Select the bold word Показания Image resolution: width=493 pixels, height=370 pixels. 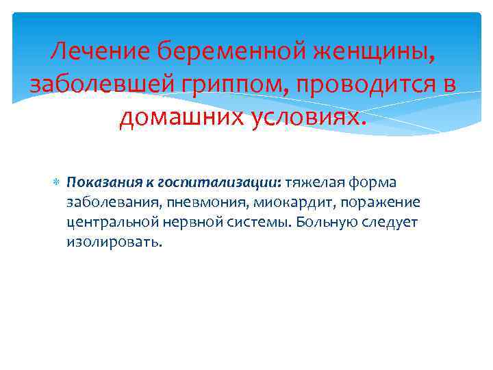point(100,183)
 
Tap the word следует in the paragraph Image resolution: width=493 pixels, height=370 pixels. point(392,223)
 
